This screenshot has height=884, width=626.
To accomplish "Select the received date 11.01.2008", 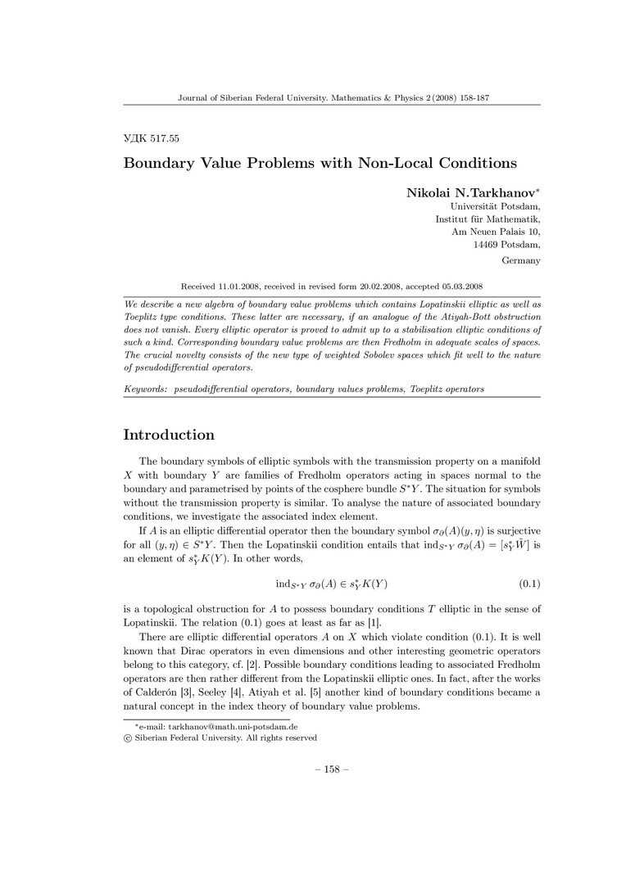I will coord(240,286).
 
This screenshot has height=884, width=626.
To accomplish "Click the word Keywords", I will coord(146,389).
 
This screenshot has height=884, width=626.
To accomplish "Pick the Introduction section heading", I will coord(169,435).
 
